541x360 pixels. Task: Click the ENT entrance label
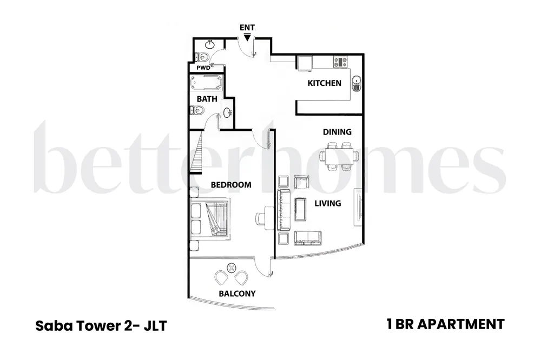tap(247, 28)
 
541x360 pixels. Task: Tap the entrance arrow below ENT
tap(247, 37)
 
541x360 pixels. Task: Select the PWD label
tap(203, 68)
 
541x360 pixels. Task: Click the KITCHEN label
tap(324, 83)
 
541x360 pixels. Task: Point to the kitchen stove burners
tap(340, 62)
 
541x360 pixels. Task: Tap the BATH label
tap(207, 99)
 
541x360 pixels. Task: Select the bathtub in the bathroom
tap(206, 84)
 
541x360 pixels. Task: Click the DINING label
tap(337, 132)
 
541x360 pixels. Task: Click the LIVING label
tap(327, 203)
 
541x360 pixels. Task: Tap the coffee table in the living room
tap(301, 208)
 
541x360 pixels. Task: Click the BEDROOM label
tap(231, 185)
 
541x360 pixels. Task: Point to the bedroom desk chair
tap(260, 217)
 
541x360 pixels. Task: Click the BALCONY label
tap(237, 294)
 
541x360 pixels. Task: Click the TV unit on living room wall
tap(357, 206)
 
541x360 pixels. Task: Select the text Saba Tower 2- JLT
tap(100, 325)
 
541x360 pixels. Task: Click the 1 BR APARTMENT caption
tap(445, 324)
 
